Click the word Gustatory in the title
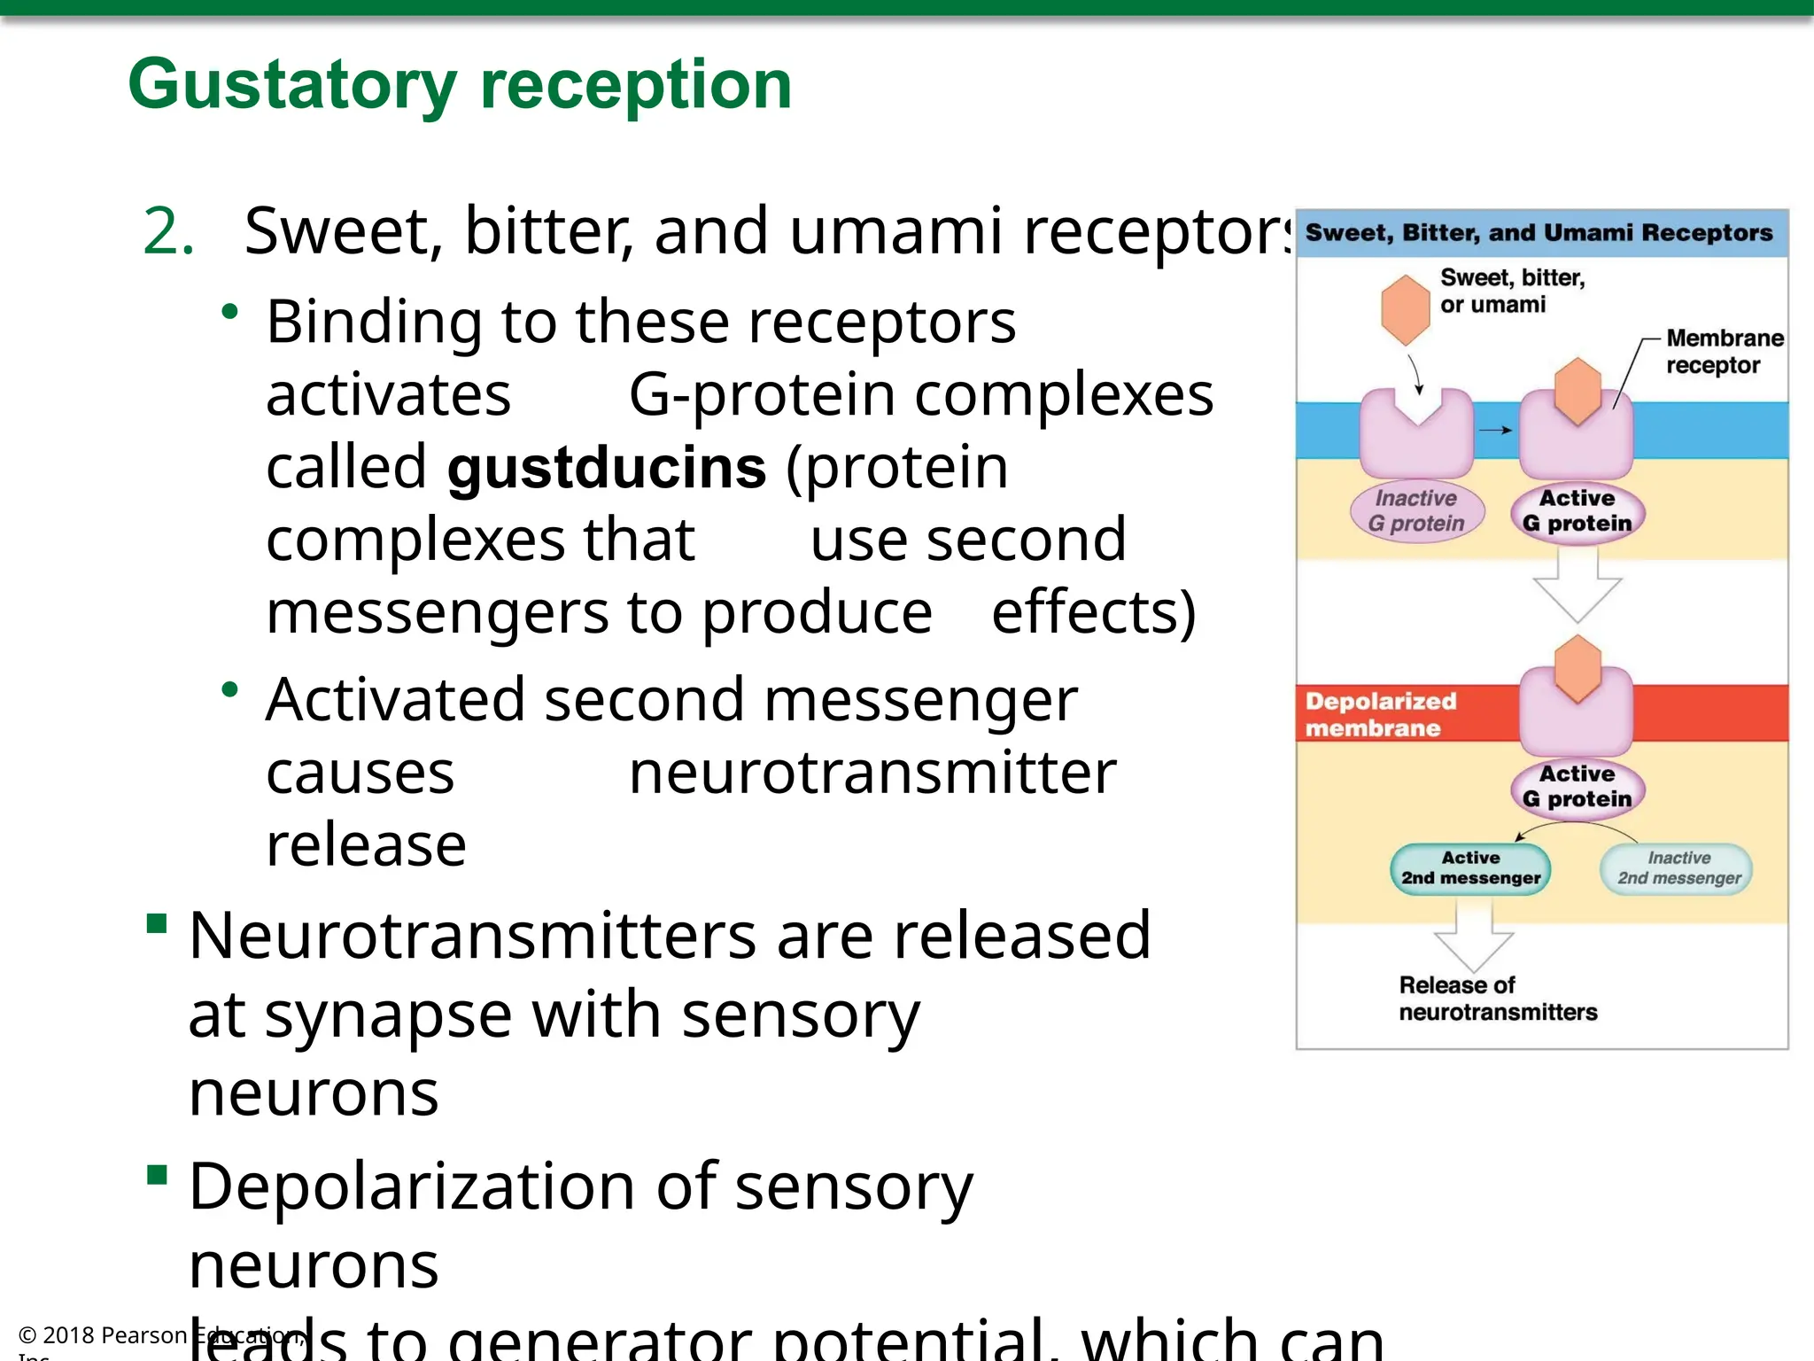(x=291, y=85)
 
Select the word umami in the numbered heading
(x=895, y=230)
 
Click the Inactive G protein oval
(x=1415, y=511)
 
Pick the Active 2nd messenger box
(x=1470, y=868)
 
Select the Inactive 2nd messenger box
(x=1678, y=868)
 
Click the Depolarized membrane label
(x=1380, y=714)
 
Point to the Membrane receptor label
(x=1724, y=352)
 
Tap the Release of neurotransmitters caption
(x=1497, y=999)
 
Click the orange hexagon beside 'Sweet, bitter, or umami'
(x=1405, y=309)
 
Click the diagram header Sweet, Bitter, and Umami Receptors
(x=1539, y=233)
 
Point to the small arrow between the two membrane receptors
(x=1495, y=431)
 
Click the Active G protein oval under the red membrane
(x=1577, y=787)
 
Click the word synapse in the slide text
(x=388, y=1015)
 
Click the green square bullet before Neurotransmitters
(x=158, y=925)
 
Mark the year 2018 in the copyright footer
(x=69, y=1335)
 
